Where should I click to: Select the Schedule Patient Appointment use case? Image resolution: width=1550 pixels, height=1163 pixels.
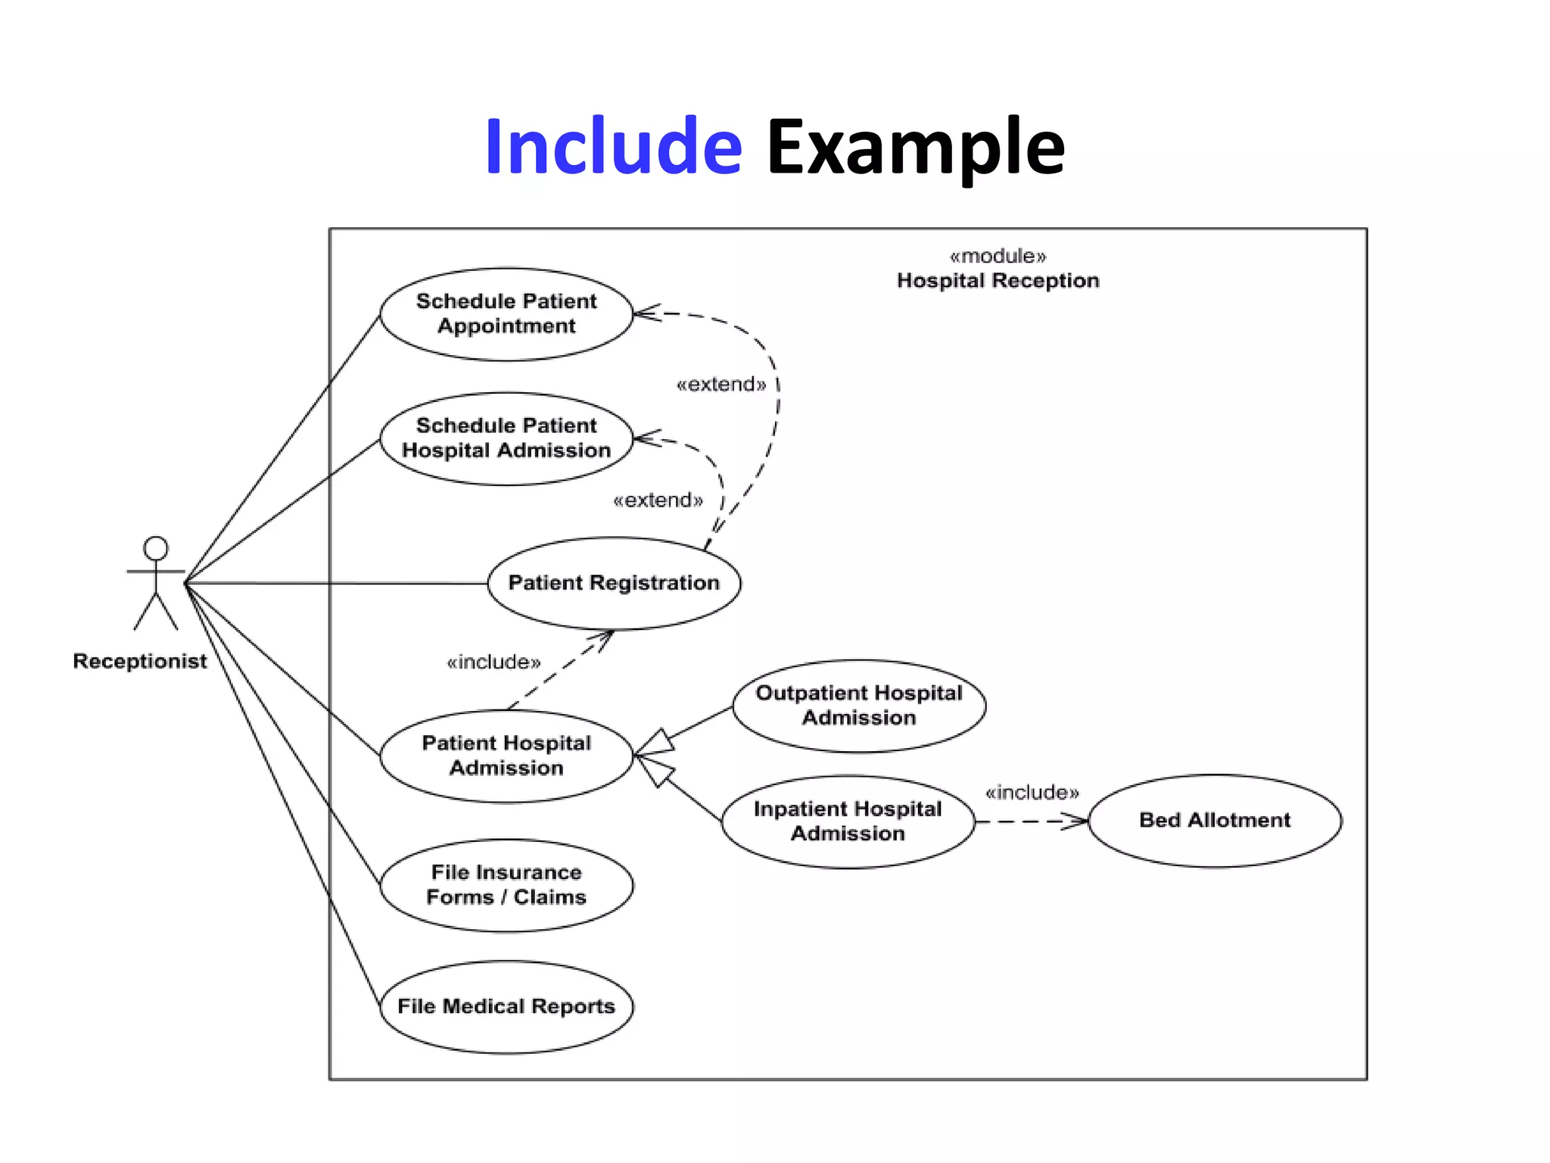506,313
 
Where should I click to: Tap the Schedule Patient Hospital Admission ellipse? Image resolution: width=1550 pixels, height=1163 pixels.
506,438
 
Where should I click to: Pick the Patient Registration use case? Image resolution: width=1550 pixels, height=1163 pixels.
614,583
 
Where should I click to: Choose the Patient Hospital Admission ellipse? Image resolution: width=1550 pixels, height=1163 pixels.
506,756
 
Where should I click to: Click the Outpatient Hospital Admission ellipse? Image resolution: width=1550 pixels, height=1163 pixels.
859,706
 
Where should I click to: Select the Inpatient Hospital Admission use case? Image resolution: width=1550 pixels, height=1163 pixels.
848,822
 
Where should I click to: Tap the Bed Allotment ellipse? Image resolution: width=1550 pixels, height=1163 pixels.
1215,820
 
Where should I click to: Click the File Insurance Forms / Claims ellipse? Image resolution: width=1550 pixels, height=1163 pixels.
506,884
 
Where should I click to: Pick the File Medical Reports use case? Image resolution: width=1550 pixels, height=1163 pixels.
506,1006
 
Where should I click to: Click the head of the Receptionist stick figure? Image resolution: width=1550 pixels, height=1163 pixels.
156,548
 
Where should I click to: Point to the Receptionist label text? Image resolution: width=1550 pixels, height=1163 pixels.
140,661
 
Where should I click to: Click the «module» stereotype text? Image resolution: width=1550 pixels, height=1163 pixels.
998,256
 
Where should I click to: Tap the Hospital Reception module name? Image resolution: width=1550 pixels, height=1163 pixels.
998,281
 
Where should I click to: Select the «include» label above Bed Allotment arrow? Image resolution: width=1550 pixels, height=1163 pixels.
1032,793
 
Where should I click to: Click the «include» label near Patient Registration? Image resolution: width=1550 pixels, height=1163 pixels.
493,663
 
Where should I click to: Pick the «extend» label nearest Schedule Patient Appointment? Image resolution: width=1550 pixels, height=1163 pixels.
721,385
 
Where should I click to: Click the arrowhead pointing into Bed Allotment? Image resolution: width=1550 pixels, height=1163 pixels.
1076,821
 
